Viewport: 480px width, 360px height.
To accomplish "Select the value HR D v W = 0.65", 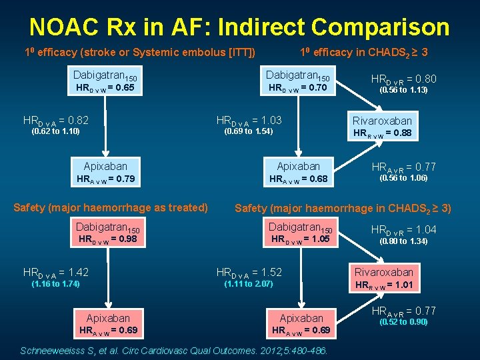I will pos(105,87).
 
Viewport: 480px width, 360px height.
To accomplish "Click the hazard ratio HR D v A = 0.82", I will pos(56,121).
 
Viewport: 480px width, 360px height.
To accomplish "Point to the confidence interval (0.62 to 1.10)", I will pos(56,131).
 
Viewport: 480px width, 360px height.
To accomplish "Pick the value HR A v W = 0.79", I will pos(105,179).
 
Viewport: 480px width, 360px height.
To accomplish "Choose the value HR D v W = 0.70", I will pos(297,87).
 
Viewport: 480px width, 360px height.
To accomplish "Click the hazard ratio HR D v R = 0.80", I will pos(403,78).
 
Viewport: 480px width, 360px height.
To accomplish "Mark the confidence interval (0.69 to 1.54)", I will pos(249,131).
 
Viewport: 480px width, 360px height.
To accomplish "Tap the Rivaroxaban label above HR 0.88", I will pos(382,121).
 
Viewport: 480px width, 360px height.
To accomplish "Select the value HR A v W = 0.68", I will pos(297,179).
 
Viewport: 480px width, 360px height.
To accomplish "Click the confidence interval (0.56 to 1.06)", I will pos(403,178).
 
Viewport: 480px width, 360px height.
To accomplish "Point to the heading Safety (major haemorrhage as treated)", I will pos(111,207).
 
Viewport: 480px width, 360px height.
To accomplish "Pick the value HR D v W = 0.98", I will pos(107,239).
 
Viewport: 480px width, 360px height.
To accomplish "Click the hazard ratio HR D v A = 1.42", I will pos(56,272).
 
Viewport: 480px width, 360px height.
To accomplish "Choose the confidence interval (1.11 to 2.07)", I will pos(249,284).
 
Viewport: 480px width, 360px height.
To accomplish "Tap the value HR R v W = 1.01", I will pos(383,285).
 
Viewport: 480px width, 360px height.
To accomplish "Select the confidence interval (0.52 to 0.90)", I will pos(403,322).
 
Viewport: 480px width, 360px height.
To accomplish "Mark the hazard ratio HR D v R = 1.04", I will pos(403,229).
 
